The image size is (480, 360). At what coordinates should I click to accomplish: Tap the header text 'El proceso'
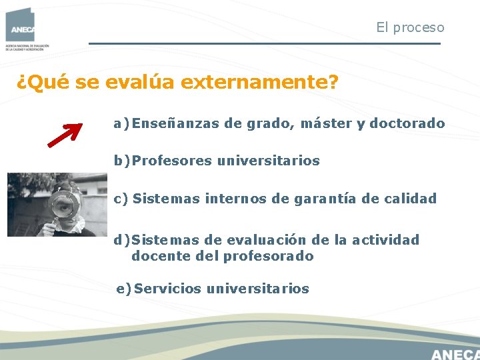(409, 27)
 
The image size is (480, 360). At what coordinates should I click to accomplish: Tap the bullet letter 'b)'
(122, 161)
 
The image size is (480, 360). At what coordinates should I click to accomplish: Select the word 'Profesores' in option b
(172, 161)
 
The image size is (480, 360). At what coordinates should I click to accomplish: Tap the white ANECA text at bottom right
(455, 353)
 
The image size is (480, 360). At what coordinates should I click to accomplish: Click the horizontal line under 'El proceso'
(264, 44)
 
